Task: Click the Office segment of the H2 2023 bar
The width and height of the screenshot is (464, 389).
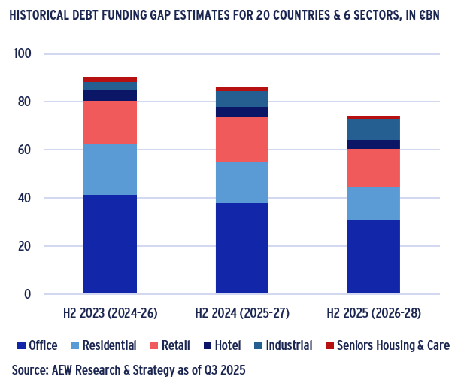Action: (x=110, y=244)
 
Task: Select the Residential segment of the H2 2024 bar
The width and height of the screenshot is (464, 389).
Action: (x=241, y=183)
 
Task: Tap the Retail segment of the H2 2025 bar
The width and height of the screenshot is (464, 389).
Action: (x=373, y=168)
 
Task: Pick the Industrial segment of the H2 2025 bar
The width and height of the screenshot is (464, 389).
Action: (x=373, y=129)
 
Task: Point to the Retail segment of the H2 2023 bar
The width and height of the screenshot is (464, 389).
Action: (x=110, y=123)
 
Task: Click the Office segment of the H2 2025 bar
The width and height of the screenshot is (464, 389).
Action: (x=373, y=256)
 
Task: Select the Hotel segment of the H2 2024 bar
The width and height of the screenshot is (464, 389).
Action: (x=241, y=112)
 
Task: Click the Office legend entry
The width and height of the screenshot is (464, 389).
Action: (x=37, y=345)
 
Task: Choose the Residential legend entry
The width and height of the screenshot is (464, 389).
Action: (x=103, y=345)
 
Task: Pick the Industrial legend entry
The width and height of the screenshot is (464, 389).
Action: (x=282, y=345)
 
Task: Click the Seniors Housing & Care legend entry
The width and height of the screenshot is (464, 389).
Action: (x=387, y=345)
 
